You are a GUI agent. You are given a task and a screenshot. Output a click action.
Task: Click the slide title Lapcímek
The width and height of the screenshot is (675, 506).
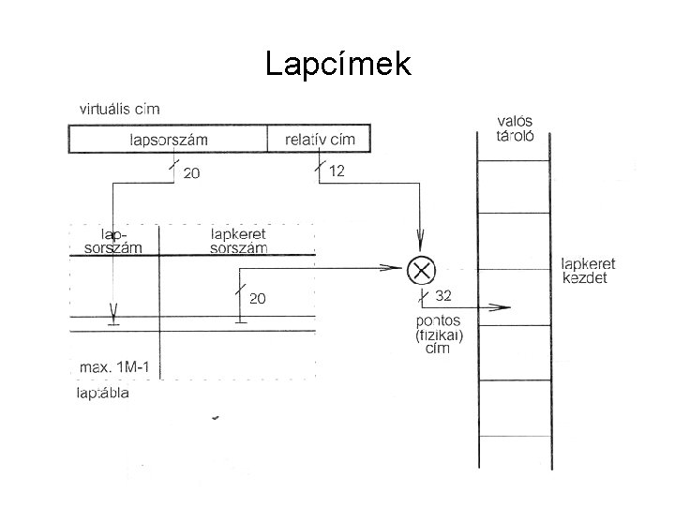(x=337, y=64)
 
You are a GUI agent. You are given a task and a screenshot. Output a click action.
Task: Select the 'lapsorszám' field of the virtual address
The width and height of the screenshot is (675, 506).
(x=168, y=140)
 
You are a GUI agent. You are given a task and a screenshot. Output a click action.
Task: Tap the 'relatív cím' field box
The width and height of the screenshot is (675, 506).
(x=319, y=140)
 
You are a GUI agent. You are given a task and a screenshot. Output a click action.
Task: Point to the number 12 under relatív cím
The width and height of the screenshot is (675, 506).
(x=337, y=171)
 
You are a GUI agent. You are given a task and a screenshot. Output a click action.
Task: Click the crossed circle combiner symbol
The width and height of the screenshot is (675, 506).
(x=422, y=270)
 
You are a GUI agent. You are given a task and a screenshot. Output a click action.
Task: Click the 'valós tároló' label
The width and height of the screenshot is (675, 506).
(x=515, y=127)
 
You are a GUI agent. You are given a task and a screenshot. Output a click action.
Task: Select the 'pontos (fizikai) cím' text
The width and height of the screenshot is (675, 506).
(x=437, y=335)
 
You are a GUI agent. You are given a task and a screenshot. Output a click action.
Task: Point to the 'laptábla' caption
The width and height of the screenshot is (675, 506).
(x=102, y=394)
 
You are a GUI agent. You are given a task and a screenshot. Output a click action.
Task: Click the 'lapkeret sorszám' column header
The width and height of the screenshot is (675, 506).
(x=239, y=241)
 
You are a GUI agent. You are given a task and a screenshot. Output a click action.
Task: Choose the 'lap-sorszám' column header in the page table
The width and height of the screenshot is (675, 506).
(x=113, y=241)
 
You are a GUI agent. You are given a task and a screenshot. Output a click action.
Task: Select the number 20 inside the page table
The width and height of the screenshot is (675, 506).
(x=257, y=299)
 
